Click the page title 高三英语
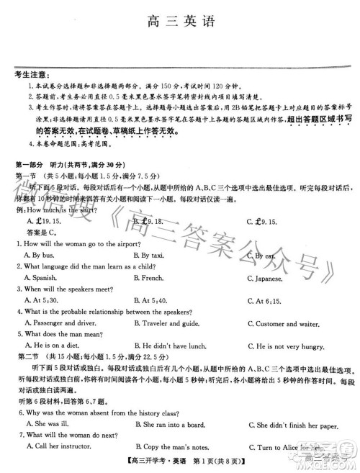pos(180,19)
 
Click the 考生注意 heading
pos(33,74)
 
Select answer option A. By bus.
pos(39,256)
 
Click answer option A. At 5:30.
pos(40,300)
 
